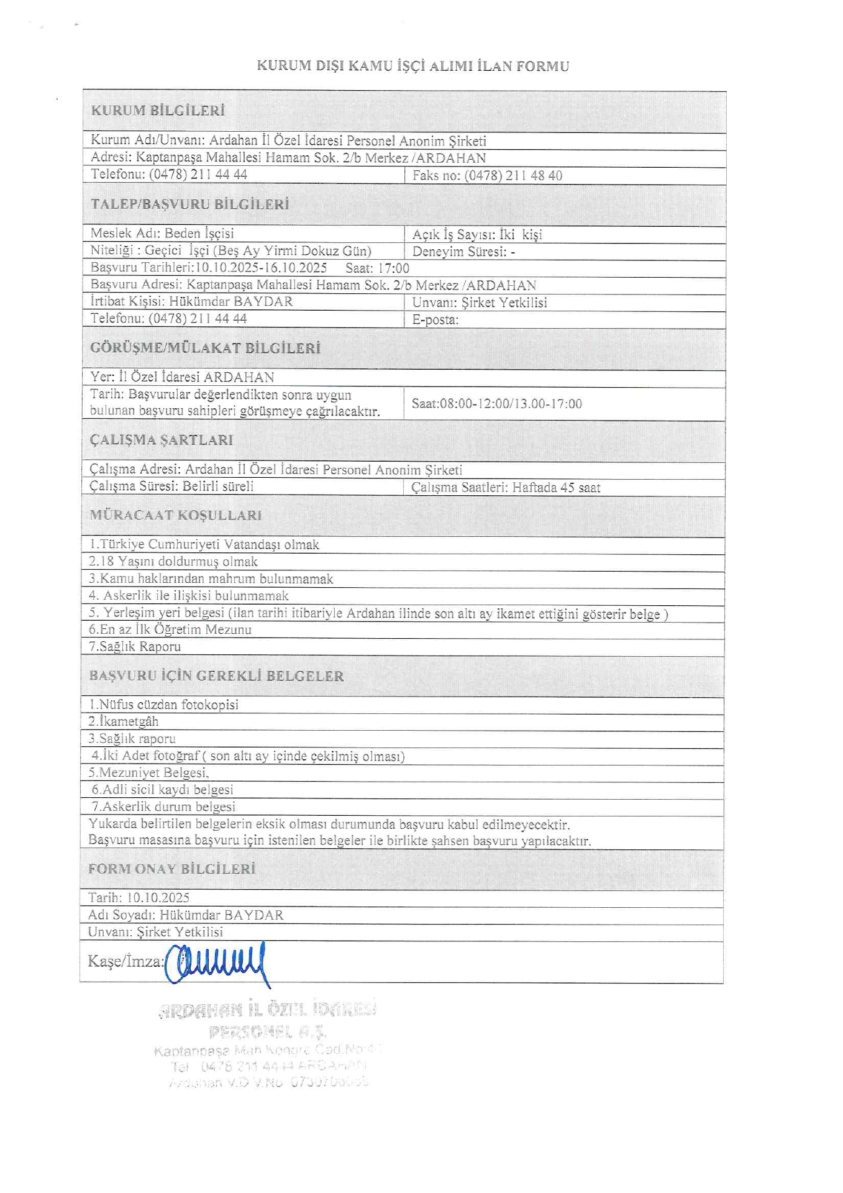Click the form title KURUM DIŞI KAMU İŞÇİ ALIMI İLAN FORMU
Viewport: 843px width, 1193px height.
point(413,66)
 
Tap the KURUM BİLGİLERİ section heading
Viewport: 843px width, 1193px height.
point(158,111)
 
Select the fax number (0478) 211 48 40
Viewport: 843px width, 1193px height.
point(513,176)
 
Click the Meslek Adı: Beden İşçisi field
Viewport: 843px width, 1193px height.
point(162,234)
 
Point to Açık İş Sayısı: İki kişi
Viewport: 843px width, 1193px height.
point(477,234)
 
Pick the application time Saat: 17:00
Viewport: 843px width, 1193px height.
point(378,268)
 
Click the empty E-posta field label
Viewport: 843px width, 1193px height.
point(435,320)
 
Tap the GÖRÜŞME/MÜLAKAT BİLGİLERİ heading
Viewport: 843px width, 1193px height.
point(206,348)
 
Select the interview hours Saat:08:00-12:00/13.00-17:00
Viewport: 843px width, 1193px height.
point(497,404)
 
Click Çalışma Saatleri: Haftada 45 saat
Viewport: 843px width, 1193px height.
point(506,488)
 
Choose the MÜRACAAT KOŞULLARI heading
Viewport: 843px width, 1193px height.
point(176,515)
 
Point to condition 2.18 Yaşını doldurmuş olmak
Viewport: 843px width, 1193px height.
point(173,562)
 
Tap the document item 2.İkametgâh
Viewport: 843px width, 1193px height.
point(124,721)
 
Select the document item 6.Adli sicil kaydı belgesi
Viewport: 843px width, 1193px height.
point(163,790)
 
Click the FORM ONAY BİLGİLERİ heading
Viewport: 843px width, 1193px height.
point(172,869)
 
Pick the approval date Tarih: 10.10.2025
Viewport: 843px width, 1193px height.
point(139,898)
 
